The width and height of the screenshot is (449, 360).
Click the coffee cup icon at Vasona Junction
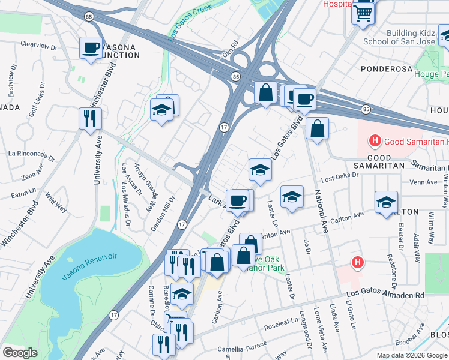(91, 47)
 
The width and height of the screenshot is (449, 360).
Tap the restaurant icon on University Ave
(90, 118)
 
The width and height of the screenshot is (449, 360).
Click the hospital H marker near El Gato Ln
(358, 262)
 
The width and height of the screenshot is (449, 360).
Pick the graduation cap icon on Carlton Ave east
(386, 202)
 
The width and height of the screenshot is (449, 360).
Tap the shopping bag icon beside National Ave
(317, 128)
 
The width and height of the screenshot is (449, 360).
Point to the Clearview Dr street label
(38, 44)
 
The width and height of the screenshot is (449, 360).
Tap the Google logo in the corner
(20, 352)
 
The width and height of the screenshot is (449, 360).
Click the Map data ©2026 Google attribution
(412, 355)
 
